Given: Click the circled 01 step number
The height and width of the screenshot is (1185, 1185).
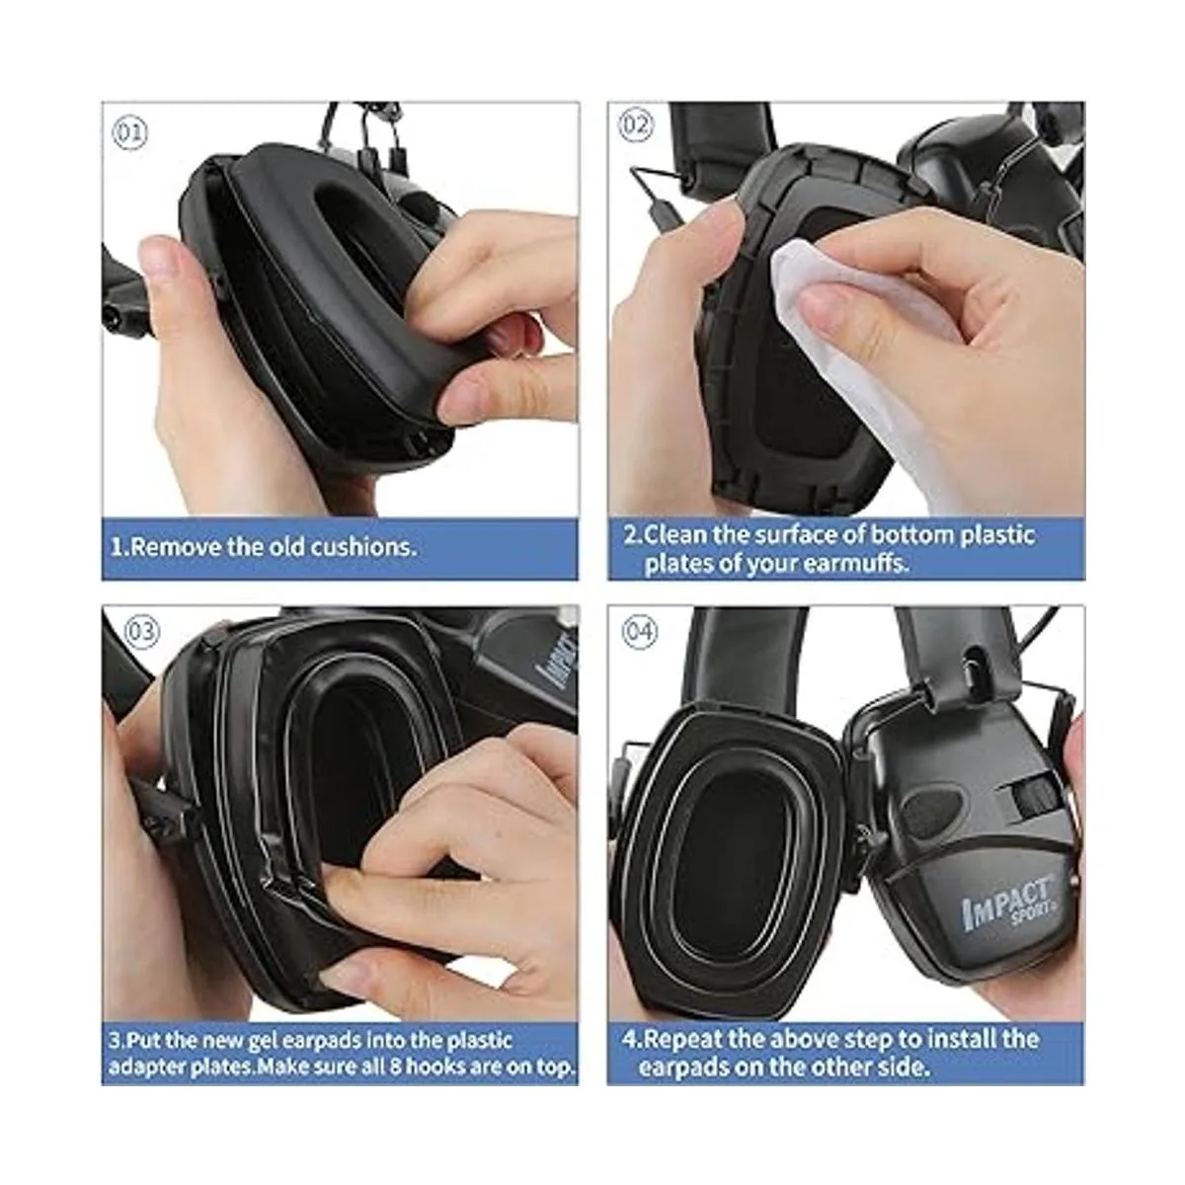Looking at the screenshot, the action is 129,133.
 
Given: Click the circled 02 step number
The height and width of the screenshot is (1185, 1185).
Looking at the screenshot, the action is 635,125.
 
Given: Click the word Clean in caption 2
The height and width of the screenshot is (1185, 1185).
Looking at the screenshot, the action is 675,534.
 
